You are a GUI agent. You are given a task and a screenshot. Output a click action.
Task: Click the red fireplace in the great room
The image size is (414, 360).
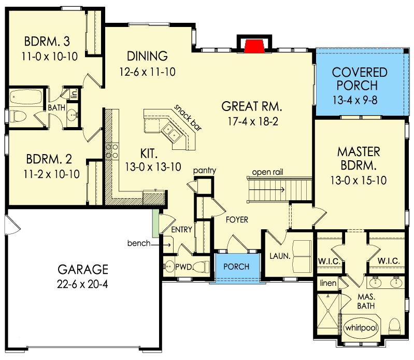point(252,46)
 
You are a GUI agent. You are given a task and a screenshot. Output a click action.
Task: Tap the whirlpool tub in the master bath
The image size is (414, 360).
point(361,329)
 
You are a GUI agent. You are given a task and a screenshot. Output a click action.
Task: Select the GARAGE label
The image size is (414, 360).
point(83,269)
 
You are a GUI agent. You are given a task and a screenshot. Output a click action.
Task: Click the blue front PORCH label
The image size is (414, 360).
point(236,267)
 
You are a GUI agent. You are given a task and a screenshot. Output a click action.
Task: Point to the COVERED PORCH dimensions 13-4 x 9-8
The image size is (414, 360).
point(360,98)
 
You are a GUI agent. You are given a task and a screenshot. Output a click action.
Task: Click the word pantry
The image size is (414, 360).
point(204,171)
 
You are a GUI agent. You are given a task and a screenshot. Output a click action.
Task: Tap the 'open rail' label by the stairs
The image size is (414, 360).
point(266,172)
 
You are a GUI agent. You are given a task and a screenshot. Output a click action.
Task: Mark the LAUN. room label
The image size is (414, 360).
point(278,256)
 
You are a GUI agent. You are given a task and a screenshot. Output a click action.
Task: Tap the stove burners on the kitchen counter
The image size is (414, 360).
point(110,151)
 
